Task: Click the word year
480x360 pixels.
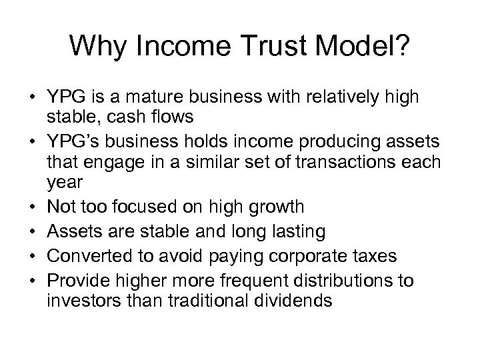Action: point(62,183)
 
